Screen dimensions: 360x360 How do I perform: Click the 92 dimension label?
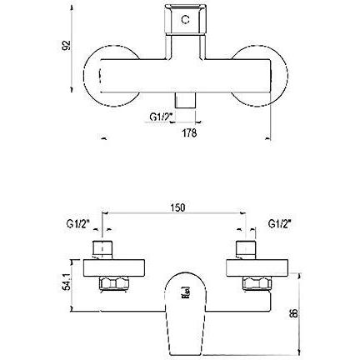(x=66, y=45)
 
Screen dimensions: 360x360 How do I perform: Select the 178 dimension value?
(x=189, y=133)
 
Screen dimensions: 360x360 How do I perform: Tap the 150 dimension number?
(x=177, y=207)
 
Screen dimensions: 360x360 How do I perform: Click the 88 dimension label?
(x=293, y=314)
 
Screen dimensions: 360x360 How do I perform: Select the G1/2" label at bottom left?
(x=77, y=223)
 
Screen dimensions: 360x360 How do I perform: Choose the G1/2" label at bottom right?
(x=279, y=223)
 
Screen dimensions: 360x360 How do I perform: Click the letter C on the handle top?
(x=185, y=20)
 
